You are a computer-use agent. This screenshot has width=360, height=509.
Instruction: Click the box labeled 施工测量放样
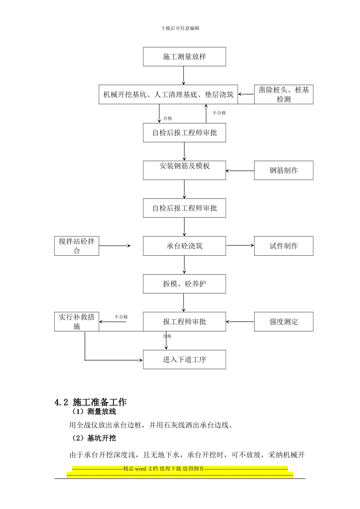click(184, 57)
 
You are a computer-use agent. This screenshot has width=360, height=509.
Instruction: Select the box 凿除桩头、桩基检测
click(283, 95)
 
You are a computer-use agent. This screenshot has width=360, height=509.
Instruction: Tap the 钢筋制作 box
click(283, 170)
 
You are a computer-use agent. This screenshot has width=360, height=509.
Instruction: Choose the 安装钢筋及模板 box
click(184, 170)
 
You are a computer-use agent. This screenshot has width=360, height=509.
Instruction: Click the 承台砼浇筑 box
click(184, 246)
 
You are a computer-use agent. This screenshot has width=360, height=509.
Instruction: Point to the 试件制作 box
click(283, 246)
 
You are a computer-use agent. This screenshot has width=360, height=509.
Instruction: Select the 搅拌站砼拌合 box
click(77, 246)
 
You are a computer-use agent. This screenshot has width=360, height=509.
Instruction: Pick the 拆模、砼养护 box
click(184, 284)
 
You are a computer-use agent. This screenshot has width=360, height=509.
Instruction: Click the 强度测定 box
click(283, 322)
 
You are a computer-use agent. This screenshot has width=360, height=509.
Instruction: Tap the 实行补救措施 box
click(77, 322)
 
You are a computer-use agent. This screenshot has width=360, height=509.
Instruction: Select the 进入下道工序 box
click(184, 360)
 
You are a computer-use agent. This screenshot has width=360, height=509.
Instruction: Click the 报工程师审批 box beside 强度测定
click(184, 322)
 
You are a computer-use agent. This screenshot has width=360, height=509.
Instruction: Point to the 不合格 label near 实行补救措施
click(121, 317)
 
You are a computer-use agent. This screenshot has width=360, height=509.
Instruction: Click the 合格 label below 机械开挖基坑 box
click(167, 119)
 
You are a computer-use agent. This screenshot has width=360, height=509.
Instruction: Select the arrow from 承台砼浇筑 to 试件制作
click(240, 245)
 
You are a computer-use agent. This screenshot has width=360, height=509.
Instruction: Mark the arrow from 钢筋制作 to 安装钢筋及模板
click(240, 171)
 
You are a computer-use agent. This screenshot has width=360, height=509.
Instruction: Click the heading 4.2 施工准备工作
click(91, 402)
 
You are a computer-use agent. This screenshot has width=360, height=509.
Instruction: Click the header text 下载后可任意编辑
click(180, 28)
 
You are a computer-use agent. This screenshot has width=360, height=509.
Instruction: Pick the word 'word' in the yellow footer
click(140, 469)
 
